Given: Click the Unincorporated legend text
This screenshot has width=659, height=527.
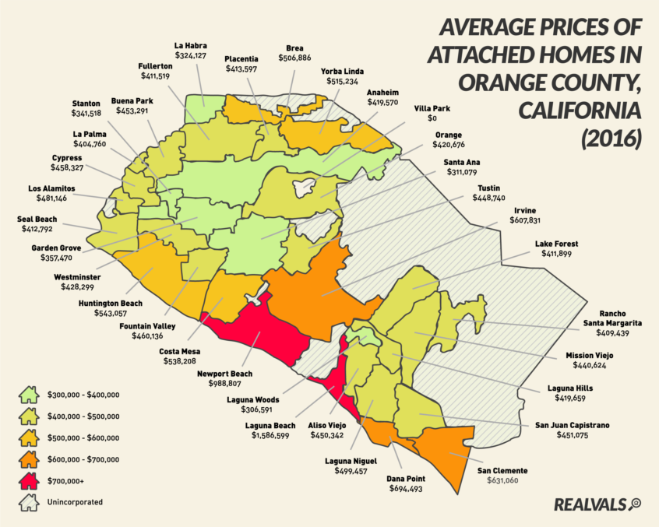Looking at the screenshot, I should pos(76,503).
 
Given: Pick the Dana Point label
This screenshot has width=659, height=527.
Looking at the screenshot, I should pos(405,477).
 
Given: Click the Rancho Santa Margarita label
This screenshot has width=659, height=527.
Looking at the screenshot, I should pos(615,318).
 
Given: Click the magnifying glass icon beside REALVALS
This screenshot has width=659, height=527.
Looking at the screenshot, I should pos(635,504).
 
